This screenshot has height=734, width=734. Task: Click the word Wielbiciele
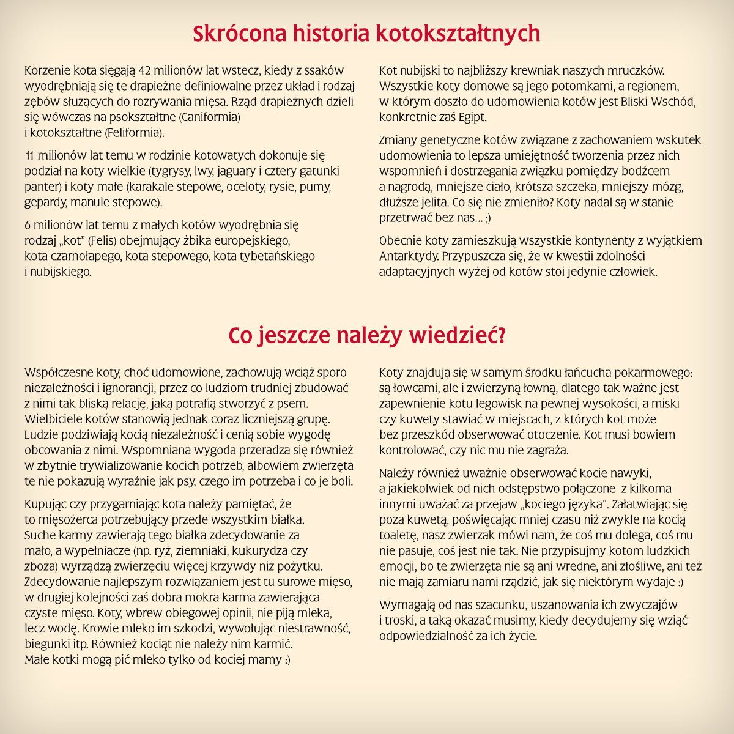point(52,419)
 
